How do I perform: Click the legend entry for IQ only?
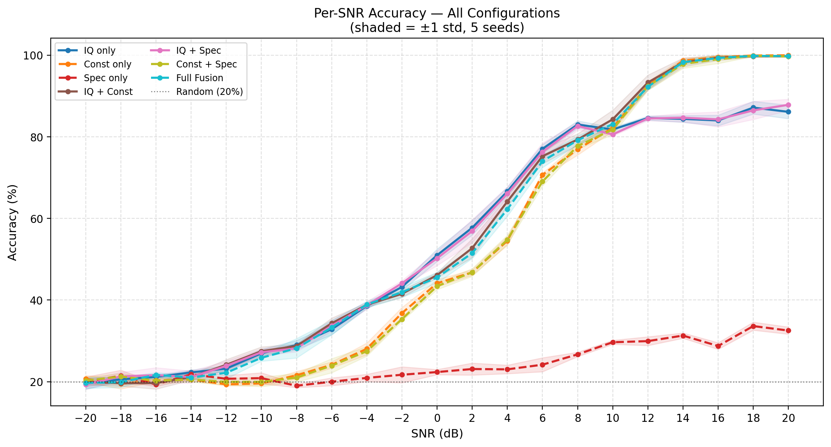[x=99, y=51]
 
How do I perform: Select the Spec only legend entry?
[x=105, y=78]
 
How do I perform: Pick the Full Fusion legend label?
[x=199, y=78]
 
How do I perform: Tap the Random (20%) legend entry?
[x=209, y=92]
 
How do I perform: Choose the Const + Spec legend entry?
[x=206, y=64]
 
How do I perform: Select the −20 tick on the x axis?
[x=86, y=418]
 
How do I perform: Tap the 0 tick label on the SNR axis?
[x=437, y=418]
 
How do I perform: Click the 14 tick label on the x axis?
[x=683, y=418]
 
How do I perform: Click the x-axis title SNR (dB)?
[x=437, y=434]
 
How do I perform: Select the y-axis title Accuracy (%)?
[x=13, y=223]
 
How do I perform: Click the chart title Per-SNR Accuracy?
[x=437, y=13]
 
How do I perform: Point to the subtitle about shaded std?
[x=437, y=28]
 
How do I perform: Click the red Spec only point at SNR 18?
[x=753, y=326]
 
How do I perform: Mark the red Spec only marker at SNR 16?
[x=718, y=346]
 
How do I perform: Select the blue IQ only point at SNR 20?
[x=788, y=112]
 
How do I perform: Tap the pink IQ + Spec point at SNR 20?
[x=788, y=105]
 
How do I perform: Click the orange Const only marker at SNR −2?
[x=402, y=313]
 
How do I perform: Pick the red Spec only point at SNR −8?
[x=297, y=386]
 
